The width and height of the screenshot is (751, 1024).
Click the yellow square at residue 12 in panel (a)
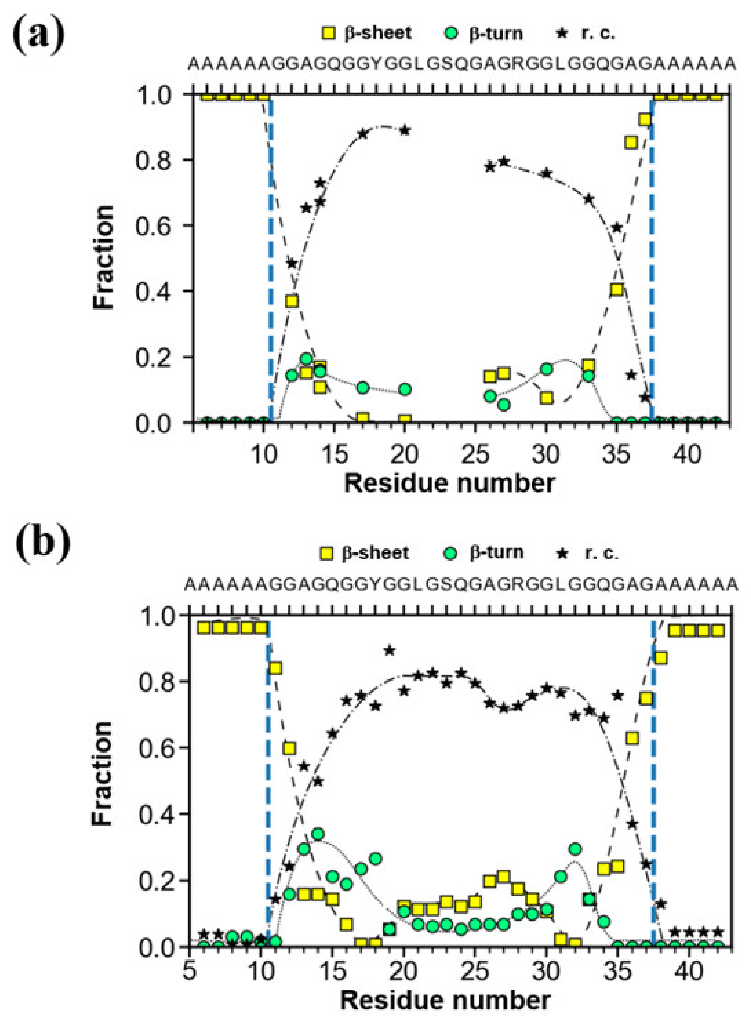(292, 301)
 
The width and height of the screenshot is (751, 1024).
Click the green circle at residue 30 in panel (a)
(547, 369)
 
